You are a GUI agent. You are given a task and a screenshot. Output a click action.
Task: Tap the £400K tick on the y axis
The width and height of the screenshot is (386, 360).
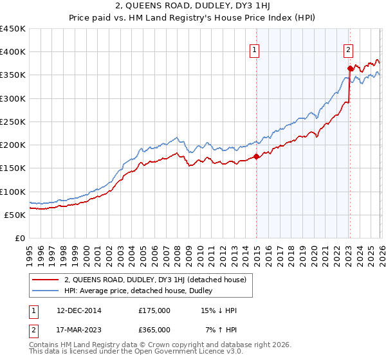pyautogui.click(x=13, y=52)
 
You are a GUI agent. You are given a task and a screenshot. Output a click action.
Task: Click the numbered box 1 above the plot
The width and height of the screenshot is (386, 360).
pyautogui.click(x=255, y=50)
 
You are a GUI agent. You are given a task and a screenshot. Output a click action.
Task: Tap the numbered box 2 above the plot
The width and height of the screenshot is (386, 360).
pyautogui.click(x=348, y=50)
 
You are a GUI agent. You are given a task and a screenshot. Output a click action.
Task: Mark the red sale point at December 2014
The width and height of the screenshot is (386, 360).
pyautogui.click(x=256, y=156)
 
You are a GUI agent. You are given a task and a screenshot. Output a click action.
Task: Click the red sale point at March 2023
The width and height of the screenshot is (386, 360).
pyautogui.click(x=350, y=68)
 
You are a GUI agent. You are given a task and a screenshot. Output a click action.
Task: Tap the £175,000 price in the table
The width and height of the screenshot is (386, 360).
pyautogui.click(x=154, y=310)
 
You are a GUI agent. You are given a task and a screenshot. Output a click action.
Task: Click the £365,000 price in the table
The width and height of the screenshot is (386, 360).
pyautogui.click(x=154, y=330)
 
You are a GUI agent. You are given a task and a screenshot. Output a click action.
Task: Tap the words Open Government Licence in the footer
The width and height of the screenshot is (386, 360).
pyautogui.click(x=151, y=352)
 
